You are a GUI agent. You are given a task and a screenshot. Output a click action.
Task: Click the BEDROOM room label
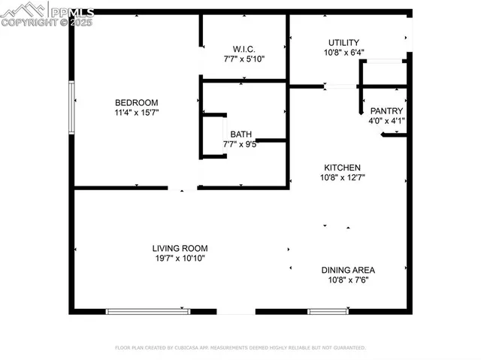coord(136,103)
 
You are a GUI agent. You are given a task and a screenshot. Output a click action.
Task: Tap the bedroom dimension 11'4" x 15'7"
coord(136,113)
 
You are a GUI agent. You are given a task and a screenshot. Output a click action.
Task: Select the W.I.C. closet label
coord(244,48)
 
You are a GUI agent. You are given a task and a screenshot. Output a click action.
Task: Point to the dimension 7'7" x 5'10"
coord(244,59)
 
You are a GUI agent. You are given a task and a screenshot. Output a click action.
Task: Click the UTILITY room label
coord(343,43)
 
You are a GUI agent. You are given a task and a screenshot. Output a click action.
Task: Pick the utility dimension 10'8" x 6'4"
coord(343,53)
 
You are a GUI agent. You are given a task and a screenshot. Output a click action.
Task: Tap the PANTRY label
coord(386,110)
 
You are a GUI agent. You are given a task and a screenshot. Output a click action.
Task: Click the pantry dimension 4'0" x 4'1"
coord(386,120)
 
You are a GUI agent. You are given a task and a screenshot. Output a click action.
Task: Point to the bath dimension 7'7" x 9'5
coord(240,144)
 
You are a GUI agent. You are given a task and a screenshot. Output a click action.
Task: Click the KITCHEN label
coord(343,168)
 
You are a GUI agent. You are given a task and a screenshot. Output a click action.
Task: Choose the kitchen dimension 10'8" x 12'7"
coord(343,178)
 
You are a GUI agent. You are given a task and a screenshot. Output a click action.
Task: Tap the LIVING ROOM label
coord(180,248)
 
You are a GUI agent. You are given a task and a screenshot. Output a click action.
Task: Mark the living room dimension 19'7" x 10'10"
coord(180,259)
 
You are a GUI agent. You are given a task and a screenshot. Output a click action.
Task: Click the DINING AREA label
coord(348,270)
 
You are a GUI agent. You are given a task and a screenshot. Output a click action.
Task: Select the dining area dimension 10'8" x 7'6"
coord(348,280)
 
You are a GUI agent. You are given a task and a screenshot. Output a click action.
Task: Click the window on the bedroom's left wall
coord(72,107)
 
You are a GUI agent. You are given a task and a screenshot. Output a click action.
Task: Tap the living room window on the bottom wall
coord(147,310)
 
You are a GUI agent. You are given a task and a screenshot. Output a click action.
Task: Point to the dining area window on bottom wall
coord(328,310)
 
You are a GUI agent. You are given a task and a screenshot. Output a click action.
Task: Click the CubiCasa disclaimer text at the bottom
coord(240,348)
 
